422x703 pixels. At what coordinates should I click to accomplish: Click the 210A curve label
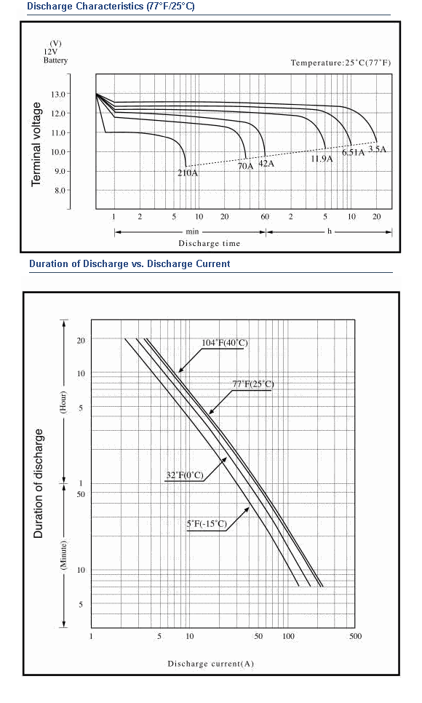point(188,173)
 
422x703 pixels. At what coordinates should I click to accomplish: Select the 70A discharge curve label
point(245,167)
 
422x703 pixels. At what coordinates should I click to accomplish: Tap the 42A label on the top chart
point(266,164)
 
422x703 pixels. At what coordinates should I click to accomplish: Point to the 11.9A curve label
point(322,159)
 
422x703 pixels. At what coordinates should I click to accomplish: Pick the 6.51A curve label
point(354,152)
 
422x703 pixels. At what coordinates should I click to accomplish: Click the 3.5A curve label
point(377,149)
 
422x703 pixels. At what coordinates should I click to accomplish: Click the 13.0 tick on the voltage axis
point(58,94)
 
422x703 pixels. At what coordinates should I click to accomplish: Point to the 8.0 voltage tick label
point(60,191)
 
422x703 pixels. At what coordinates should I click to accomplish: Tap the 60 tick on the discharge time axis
point(265,217)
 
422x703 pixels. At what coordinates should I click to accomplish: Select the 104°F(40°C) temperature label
point(224,343)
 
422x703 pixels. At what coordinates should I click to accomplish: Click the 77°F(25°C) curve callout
point(253,384)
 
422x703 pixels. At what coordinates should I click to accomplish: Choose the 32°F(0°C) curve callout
point(185,476)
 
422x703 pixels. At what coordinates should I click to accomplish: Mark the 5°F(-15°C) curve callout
point(207,524)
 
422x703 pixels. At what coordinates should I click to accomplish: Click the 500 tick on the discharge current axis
point(355,636)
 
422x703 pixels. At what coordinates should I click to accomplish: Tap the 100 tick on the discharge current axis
point(288,636)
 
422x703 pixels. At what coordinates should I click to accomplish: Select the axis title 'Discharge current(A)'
point(211,664)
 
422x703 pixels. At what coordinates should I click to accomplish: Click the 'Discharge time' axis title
point(210,244)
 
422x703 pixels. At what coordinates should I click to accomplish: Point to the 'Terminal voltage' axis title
point(36,144)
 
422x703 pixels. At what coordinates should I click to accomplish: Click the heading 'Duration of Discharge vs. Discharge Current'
point(130,263)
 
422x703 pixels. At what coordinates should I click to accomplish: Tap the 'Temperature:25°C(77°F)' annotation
point(341,63)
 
